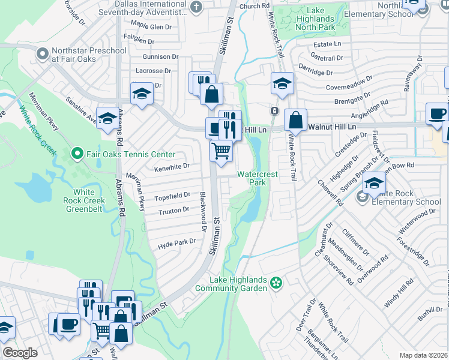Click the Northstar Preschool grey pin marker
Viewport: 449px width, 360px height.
click(x=42, y=55)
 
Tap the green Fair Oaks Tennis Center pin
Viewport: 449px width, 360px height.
click(x=76, y=154)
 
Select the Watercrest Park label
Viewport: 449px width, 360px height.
click(x=258, y=178)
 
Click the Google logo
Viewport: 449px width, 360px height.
click(x=20, y=353)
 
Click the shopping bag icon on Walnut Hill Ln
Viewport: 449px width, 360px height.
click(x=295, y=120)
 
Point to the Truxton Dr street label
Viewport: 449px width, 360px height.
click(x=174, y=212)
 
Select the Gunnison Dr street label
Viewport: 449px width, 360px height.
click(x=160, y=56)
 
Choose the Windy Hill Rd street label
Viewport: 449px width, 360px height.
click(x=399, y=292)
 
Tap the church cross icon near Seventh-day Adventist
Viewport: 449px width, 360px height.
click(x=196, y=7)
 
